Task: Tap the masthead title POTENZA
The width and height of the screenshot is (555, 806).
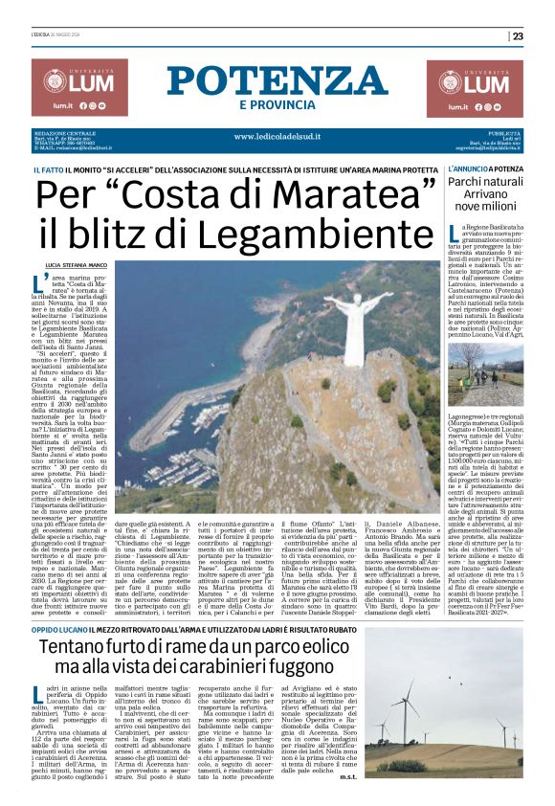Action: (x=277, y=80)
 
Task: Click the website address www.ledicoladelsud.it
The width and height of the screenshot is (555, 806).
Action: (x=277, y=136)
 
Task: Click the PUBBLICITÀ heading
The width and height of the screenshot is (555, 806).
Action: (x=503, y=132)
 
